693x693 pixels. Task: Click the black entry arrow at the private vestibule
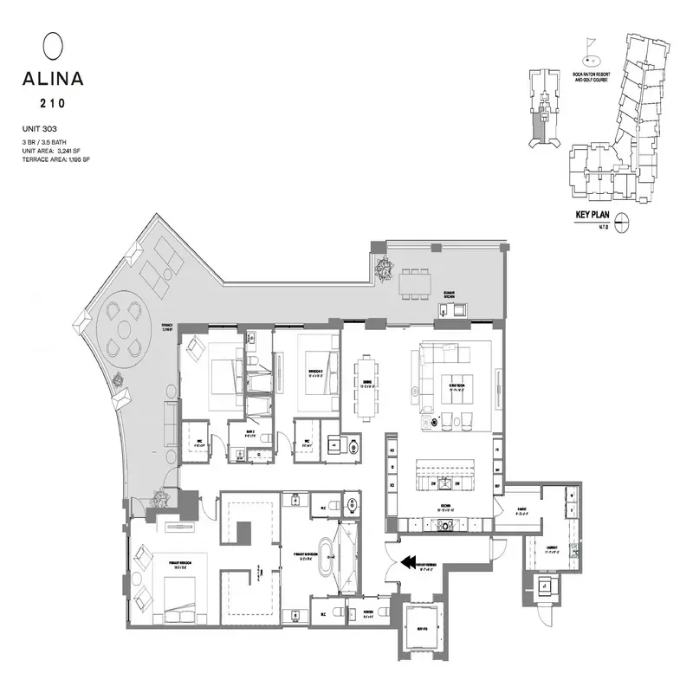405,564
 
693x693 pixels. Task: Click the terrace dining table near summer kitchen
415,282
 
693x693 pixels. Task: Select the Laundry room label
550,547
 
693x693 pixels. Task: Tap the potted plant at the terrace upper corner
381,271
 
